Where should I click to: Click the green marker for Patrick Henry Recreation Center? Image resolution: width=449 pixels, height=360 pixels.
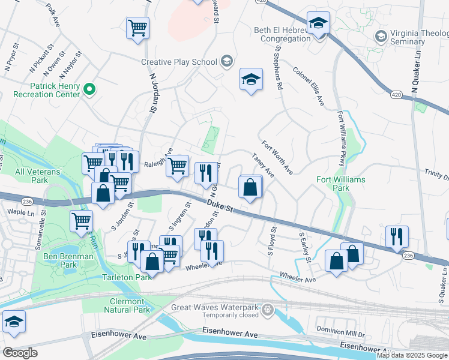click(89, 90)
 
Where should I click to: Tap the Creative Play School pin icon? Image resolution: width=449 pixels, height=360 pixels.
click(226, 61)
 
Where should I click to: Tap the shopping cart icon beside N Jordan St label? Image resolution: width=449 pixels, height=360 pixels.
click(137, 27)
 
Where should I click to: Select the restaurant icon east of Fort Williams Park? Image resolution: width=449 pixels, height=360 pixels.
click(397, 236)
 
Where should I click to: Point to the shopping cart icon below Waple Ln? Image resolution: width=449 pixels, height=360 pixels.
click(81, 220)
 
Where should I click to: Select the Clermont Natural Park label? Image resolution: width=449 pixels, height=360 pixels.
click(127, 305)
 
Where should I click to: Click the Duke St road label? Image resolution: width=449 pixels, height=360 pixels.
click(219, 205)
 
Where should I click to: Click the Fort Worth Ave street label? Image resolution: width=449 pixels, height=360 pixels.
click(277, 158)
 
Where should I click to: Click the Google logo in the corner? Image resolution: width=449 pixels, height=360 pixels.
click(20, 353)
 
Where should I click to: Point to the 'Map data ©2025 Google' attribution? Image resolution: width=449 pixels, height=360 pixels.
click(412, 355)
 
